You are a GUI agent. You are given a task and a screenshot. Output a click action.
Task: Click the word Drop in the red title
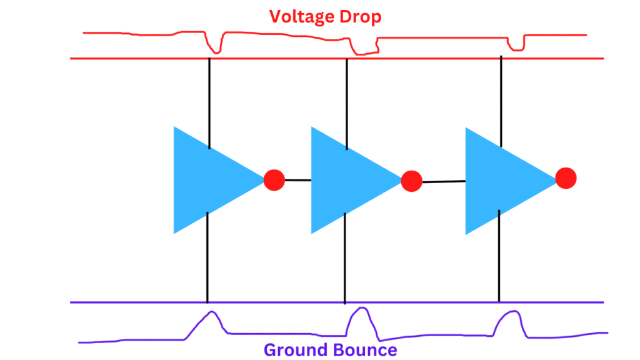(x=360, y=16)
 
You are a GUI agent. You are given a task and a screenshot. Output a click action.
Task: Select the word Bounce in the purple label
(x=364, y=349)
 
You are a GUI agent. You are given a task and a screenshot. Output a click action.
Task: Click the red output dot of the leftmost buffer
(x=274, y=180)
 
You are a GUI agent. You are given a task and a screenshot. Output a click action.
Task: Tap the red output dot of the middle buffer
(x=411, y=181)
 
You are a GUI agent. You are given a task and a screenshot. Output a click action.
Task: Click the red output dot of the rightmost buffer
(x=565, y=178)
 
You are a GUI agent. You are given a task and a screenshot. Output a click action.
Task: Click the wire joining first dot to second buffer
(x=298, y=181)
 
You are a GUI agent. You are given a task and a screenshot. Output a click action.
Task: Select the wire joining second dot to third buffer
(x=444, y=181)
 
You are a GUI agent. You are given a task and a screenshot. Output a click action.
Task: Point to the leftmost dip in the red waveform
(x=214, y=46)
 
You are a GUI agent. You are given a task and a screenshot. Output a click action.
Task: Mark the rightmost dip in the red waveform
(x=516, y=44)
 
